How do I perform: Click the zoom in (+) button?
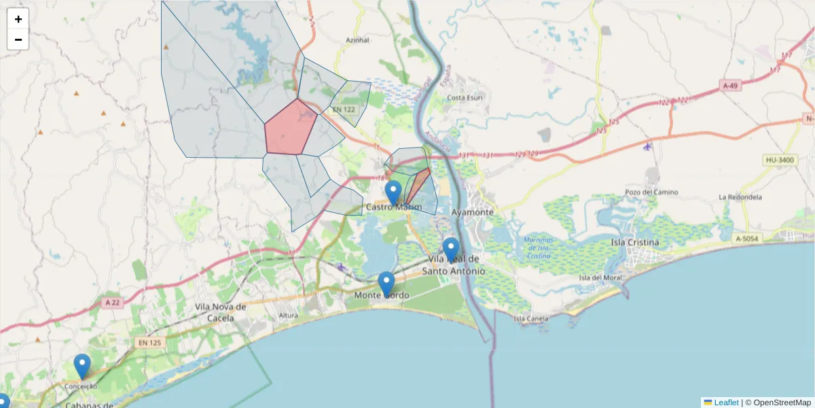[x=18, y=19]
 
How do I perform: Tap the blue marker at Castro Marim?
[x=393, y=192]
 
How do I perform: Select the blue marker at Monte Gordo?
[x=386, y=284]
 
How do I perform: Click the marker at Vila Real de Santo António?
[x=451, y=250]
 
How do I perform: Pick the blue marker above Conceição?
[x=82, y=366]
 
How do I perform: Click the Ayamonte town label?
[x=472, y=212]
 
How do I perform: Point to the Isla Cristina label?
[x=635, y=242]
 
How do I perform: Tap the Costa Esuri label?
[x=464, y=97]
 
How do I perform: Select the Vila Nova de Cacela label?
[x=221, y=313]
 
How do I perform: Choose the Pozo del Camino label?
[x=651, y=192]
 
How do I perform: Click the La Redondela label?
[x=740, y=197]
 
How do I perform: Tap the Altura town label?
[x=289, y=316]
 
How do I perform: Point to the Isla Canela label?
[x=531, y=318]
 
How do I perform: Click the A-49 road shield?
[x=730, y=86]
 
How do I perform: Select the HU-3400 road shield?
[x=779, y=160]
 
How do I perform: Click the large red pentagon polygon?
[x=290, y=128]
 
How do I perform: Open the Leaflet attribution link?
[x=726, y=403]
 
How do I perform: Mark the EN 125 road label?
[x=149, y=343]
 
